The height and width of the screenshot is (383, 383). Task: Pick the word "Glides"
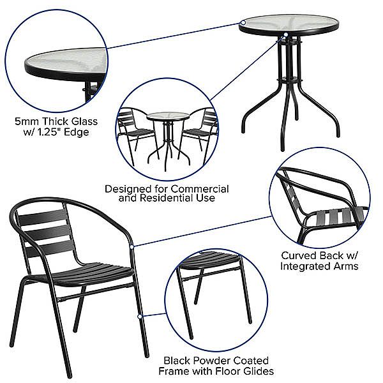pos(256,371)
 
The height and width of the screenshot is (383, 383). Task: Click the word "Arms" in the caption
pos(344,266)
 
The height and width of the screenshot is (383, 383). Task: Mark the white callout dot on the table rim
pos(286,34)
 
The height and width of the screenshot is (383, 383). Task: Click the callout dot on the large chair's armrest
pos(131,245)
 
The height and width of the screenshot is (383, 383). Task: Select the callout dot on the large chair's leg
pos(139,315)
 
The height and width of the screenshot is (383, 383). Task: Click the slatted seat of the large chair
pos(89,271)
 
